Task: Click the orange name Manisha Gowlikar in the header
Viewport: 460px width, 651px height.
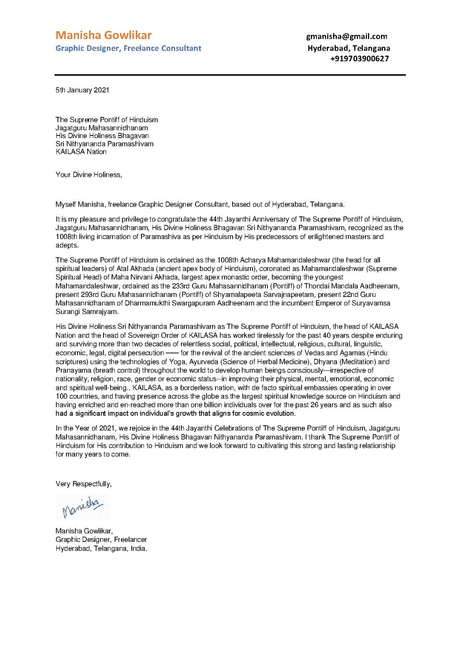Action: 103,35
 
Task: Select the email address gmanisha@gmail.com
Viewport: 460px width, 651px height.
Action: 347,37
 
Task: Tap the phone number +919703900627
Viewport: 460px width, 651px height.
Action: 359,59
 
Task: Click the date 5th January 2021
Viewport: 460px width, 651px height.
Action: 82,90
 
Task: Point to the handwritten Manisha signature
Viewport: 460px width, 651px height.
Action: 82,507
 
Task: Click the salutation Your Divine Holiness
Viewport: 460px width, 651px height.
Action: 89,175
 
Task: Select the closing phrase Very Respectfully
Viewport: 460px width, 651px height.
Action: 83,484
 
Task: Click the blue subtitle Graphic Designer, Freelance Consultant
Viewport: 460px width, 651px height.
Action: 128,49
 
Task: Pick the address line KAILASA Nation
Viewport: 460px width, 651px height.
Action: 81,152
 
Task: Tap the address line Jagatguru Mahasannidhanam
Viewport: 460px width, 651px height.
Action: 102,128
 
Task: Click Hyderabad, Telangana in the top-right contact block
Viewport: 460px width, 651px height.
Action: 349,48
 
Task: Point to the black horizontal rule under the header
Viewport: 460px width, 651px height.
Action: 230,75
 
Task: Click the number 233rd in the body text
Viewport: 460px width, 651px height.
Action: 181,286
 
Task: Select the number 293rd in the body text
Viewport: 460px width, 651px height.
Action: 89,295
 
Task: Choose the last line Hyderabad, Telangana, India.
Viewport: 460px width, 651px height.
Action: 101,549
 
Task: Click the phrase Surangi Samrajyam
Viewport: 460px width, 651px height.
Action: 87,312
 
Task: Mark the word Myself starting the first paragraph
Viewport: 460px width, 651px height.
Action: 66,205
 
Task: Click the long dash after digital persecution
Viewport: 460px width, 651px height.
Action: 172,353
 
